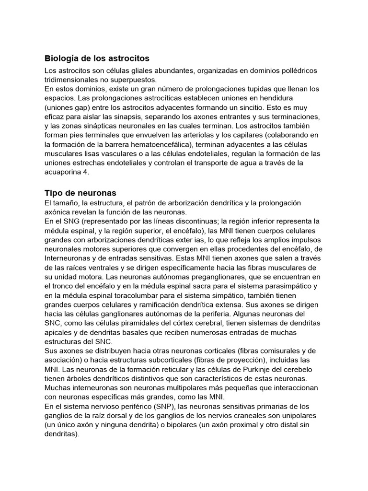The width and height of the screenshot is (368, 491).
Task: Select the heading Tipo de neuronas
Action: (x=80, y=193)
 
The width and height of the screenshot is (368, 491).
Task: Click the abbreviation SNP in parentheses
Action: (x=159, y=406)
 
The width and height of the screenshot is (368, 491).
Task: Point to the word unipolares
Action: (x=300, y=415)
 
